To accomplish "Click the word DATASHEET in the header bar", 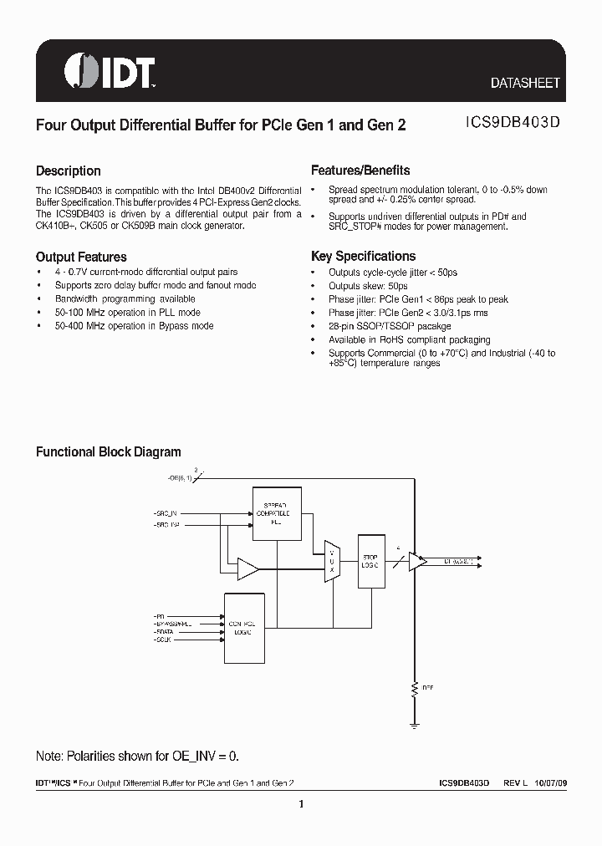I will coord(525,84).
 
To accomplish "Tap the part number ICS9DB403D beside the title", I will coord(513,124).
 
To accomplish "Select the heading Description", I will coord(68,171).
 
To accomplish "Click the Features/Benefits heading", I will coord(360,171).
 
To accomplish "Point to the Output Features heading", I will coord(81,257).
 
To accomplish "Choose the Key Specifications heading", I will coord(363,257).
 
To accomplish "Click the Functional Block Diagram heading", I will coord(108,451).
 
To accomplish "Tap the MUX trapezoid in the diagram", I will coord(331,560).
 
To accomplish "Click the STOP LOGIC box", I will coord(370,560).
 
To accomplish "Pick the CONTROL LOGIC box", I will coord(243,628).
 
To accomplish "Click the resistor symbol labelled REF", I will coord(414,688).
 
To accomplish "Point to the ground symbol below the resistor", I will coord(414,723).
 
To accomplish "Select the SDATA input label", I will coord(164,634).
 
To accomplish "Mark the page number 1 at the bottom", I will coord(300,804).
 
